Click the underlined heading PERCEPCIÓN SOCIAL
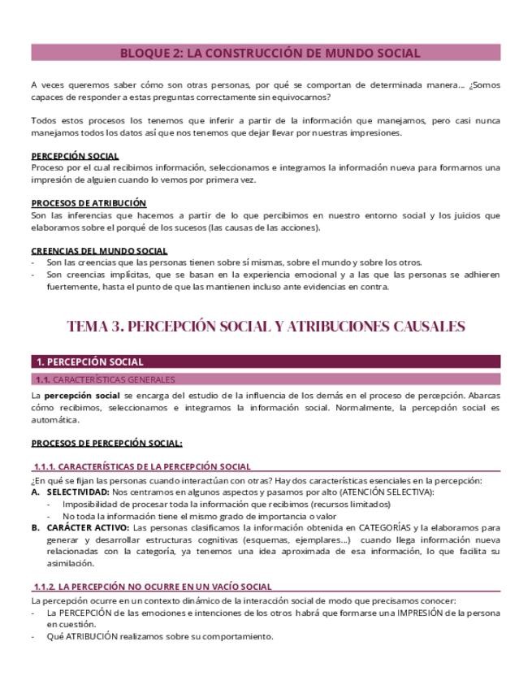tap(75, 156)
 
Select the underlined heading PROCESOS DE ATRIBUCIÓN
tap(89, 203)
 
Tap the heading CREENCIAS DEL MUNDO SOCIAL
tap(99, 251)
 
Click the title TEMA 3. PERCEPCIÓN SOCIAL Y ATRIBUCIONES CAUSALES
tap(266, 327)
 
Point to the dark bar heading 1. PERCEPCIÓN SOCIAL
tap(89, 362)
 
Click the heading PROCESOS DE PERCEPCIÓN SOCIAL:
tap(106, 443)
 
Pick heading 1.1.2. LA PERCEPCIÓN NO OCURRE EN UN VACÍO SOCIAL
tap(153, 587)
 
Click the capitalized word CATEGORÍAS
tap(389, 527)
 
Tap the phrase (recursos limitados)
tap(345, 504)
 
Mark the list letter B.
tap(35, 527)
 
